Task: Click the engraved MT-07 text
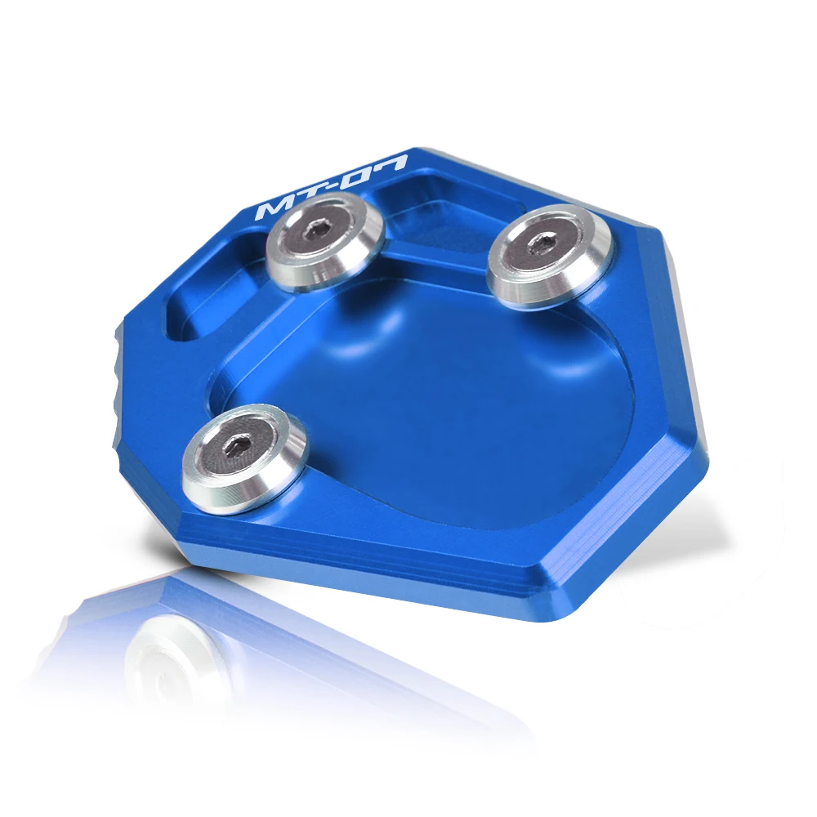click(332, 188)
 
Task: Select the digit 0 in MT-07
click(360, 175)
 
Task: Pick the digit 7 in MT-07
click(391, 163)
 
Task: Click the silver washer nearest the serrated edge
click(244, 458)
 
